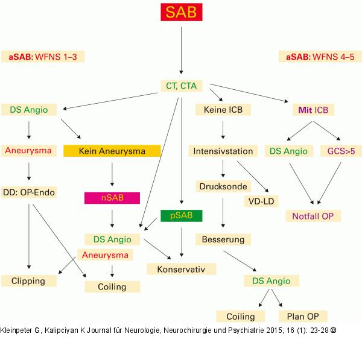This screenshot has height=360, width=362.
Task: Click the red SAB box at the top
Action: click(181, 13)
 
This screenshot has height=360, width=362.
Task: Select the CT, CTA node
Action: click(181, 86)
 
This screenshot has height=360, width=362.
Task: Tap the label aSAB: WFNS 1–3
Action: click(43, 57)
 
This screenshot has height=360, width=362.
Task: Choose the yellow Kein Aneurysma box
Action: click(112, 151)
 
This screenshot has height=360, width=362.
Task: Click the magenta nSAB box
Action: click(112, 197)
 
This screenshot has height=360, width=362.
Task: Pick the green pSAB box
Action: click(181, 215)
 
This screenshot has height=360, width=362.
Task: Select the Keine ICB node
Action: click(223, 110)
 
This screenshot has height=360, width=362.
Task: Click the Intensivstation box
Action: click(223, 151)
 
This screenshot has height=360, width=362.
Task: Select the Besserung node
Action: click(223, 239)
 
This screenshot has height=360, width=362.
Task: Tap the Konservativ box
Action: click(181, 268)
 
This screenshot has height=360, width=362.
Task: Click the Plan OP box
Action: click(302, 317)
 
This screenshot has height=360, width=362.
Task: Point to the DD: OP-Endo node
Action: click(28, 192)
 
